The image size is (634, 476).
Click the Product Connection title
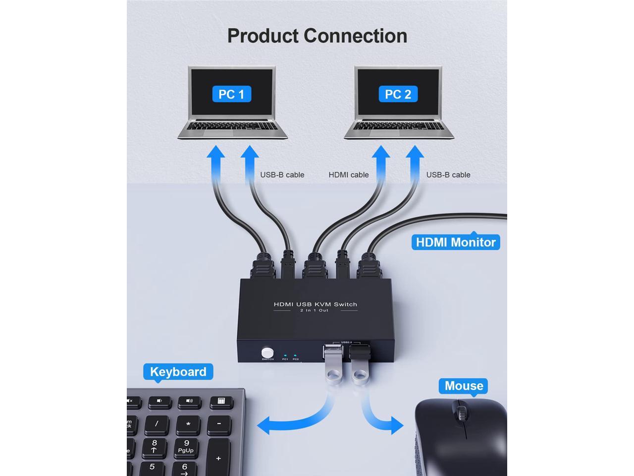pyautogui.click(x=317, y=36)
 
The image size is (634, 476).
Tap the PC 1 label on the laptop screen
pyautogui.click(x=231, y=94)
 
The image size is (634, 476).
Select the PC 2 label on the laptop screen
pyautogui.click(x=398, y=94)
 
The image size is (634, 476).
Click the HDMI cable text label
pyautogui.click(x=349, y=175)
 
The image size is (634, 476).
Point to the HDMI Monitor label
pyautogui.click(x=456, y=242)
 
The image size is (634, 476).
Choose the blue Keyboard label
pyautogui.click(x=178, y=372)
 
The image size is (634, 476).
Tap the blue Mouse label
pyautogui.click(x=464, y=386)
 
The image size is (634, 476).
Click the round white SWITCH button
pyautogui.click(x=267, y=352)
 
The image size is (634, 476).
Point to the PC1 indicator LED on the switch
pyautogui.click(x=285, y=355)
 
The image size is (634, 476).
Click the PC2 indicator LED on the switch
pyautogui.click(x=295, y=355)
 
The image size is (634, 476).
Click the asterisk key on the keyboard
pyautogui.click(x=188, y=424)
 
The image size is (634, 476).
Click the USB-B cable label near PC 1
pyautogui.click(x=282, y=175)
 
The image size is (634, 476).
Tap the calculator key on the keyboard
pyautogui.click(x=221, y=401)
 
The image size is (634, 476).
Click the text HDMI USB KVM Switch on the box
pyautogui.click(x=316, y=304)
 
